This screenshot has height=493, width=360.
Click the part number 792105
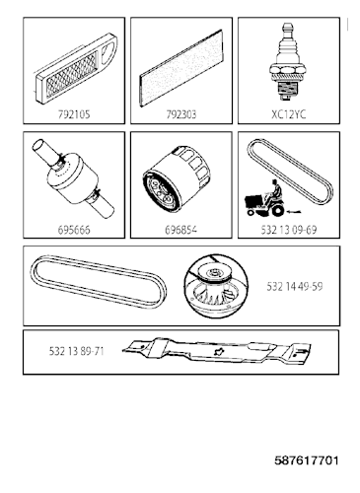click(74, 114)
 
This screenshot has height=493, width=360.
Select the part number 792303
click(181, 114)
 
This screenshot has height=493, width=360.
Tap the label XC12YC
click(289, 114)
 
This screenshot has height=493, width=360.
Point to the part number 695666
click(74, 230)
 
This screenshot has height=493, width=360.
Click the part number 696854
click(181, 230)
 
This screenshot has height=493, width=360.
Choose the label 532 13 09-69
click(289, 230)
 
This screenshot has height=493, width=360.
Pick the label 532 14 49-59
click(295, 286)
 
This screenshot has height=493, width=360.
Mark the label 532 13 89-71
click(76, 351)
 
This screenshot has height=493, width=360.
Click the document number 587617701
click(307, 460)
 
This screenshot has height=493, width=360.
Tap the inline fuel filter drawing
click(74, 179)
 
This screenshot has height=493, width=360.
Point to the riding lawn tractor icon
click(264, 199)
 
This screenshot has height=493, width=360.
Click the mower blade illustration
click(217, 351)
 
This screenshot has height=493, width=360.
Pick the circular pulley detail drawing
click(215, 286)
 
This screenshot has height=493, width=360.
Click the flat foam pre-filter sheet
click(181, 68)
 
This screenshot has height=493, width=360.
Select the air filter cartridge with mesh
click(76, 69)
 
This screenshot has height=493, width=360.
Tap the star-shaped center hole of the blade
click(218, 351)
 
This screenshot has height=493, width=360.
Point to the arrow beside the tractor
click(293, 211)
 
